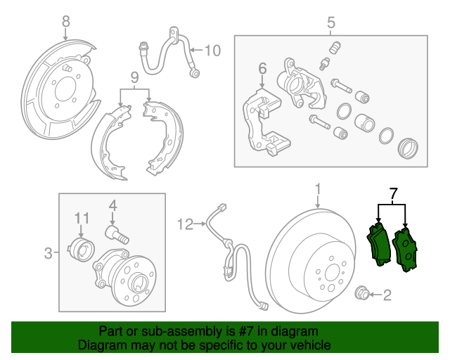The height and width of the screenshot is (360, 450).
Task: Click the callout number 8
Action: click(66, 22)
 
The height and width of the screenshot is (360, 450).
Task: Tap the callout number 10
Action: click(212, 50)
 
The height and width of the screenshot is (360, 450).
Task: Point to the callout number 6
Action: click(262, 69)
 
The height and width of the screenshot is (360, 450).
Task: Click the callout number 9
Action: click(134, 77)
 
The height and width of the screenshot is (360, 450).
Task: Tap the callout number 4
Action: click(112, 206)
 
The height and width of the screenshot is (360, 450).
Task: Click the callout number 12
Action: click(185, 224)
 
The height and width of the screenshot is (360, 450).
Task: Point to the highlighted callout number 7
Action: click(393, 193)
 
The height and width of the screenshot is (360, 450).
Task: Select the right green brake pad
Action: click(405, 250)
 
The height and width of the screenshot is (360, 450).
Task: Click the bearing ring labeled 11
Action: click(81, 248)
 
